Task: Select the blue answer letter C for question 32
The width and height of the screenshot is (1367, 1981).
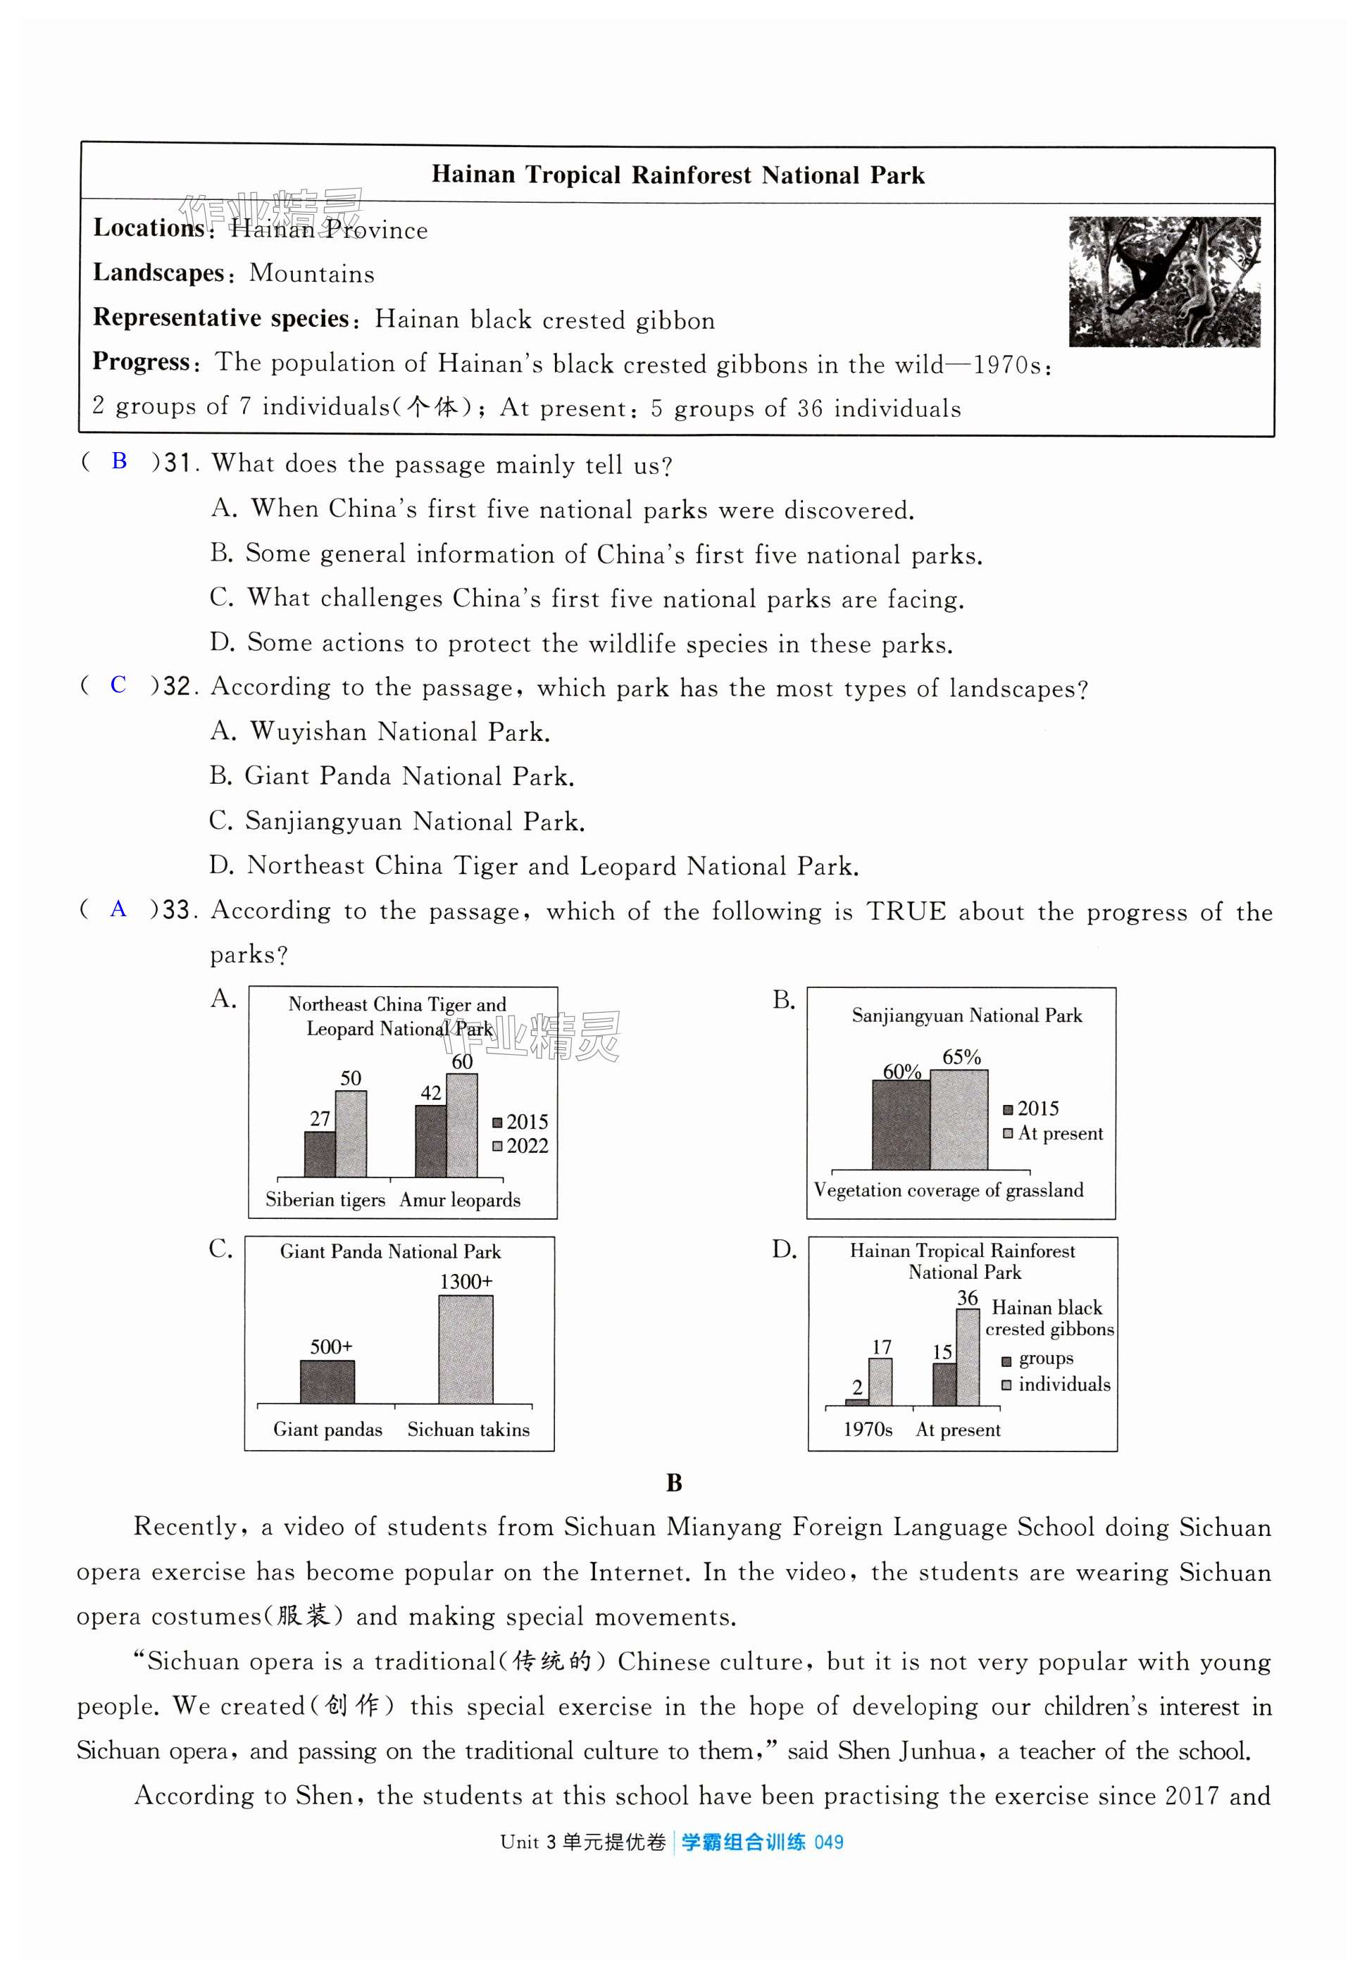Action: [118, 685]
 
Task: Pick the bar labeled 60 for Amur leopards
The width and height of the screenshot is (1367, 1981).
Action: [462, 1125]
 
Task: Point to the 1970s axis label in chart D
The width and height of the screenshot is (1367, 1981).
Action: [868, 1430]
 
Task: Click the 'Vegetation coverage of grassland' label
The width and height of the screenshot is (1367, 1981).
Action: [948, 1189]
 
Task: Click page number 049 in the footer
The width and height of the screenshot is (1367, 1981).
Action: [828, 1842]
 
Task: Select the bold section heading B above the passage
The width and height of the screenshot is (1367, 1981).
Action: [674, 1482]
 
